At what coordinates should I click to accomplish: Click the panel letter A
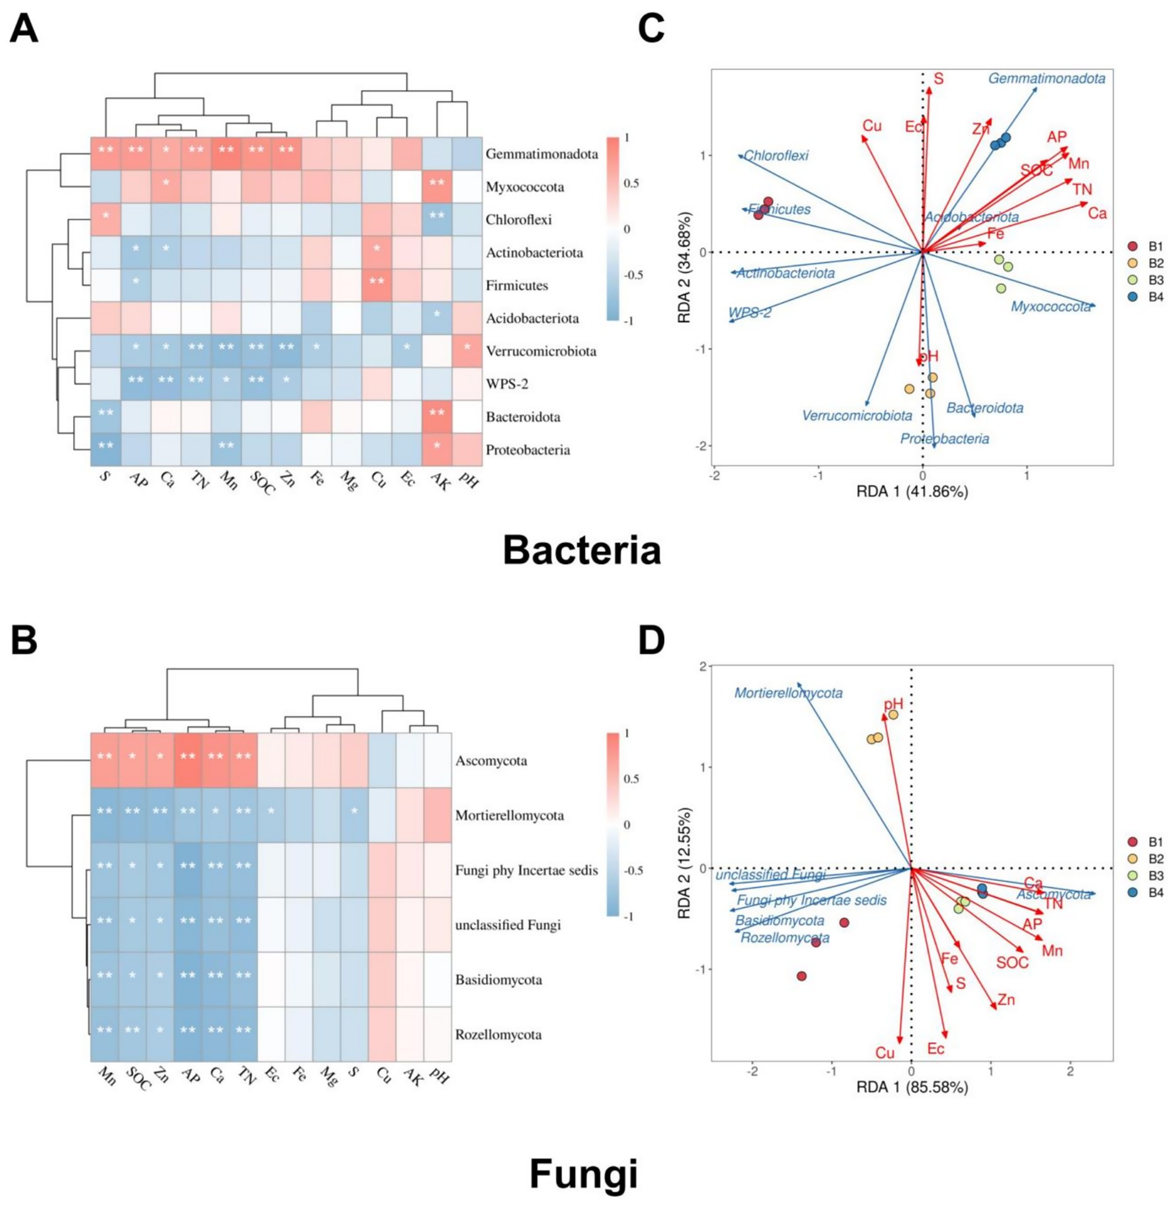[24, 29]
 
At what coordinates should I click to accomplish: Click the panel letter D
[651, 642]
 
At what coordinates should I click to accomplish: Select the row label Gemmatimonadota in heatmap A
[542, 154]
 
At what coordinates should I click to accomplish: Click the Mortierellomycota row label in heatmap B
[509, 815]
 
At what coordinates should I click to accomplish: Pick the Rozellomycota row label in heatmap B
[498, 1035]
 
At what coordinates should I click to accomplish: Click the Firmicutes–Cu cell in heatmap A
[377, 285]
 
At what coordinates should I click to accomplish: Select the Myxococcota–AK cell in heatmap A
[437, 186]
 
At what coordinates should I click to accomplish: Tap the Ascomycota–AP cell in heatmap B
[188, 760]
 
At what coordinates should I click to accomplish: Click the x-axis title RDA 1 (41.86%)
[912, 491]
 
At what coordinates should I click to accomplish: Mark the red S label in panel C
[939, 78]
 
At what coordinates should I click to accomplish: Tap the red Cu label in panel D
[884, 1053]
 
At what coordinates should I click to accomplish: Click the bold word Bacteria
[582, 550]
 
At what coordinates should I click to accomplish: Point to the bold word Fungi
[583, 1174]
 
